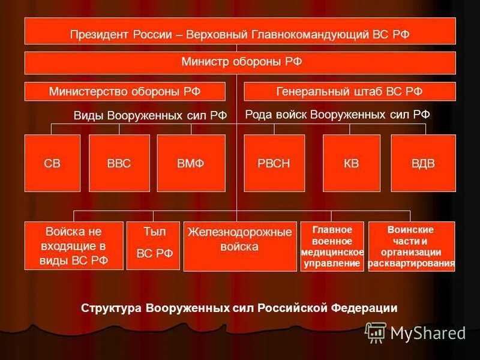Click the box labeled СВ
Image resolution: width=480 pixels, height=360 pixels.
(52, 163)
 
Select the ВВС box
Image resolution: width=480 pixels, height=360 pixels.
(119, 163)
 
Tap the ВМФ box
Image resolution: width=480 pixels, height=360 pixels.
(191, 163)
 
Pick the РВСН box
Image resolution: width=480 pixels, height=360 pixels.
(274, 163)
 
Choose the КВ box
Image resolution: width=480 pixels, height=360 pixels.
(351, 163)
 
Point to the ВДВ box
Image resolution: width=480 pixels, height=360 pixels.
(423, 163)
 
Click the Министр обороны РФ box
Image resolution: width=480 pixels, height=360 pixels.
(240, 62)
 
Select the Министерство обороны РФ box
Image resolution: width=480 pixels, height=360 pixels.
(125, 91)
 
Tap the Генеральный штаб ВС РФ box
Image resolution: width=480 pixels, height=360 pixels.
(349, 91)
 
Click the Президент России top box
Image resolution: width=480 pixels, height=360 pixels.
(240, 31)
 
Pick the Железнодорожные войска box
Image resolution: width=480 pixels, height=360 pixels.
(239, 246)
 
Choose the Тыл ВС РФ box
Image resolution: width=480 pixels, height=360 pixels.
(153, 245)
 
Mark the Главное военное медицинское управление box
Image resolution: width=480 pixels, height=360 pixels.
(332, 246)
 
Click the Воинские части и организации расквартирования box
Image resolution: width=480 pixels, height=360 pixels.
(411, 246)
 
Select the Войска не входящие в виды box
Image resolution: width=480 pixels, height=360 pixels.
(74, 245)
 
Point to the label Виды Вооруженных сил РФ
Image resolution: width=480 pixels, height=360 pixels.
(150, 116)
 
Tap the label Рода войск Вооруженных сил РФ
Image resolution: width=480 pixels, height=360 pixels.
(337, 114)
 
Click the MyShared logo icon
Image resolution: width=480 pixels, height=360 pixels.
(376, 332)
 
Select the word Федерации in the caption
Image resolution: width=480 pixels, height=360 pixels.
(364, 308)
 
